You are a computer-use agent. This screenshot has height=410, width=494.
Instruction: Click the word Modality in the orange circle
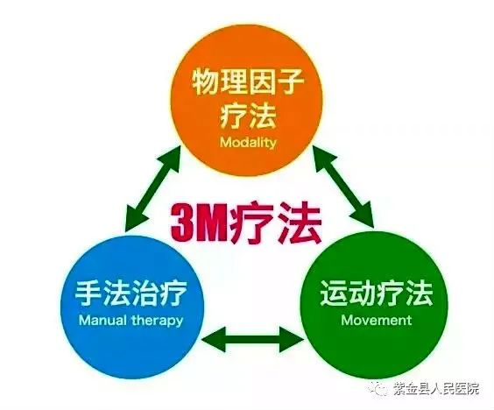click(x=248, y=143)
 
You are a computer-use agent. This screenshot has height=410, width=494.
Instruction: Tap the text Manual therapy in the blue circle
click(x=131, y=321)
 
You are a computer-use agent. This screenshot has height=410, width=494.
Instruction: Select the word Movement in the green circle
click(x=377, y=320)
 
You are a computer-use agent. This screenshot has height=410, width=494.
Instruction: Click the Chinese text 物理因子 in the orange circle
click(x=248, y=82)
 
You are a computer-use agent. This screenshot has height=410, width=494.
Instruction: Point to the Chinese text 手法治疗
click(x=131, y=293)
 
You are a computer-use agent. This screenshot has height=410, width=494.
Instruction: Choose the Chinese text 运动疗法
click(x=376, y=293)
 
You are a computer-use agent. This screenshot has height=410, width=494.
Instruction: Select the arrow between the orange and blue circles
click(x=152, y=189)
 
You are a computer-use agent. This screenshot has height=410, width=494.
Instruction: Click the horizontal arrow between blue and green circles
click(x=252, y=339)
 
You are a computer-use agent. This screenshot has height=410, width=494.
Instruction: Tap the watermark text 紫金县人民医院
click(x=436, y=389)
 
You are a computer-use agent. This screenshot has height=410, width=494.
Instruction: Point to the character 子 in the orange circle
click(x=290, y=82)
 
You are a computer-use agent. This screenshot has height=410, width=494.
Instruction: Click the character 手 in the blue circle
click(x=88, y=293)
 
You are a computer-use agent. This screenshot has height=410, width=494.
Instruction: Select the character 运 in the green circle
click(x=334, y=293)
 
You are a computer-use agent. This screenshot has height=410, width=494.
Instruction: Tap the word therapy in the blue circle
click(x=158, y=322)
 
